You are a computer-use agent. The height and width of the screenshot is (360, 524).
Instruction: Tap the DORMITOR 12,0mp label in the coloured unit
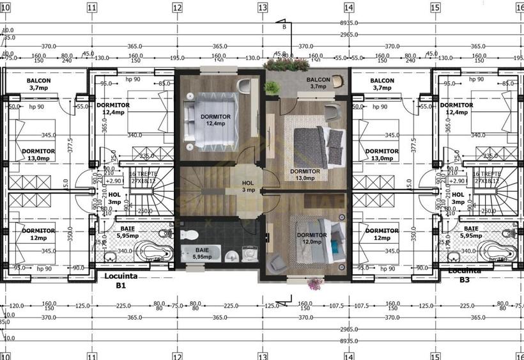coord(311,239)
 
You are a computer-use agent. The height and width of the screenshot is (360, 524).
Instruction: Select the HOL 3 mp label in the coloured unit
coord(248,187)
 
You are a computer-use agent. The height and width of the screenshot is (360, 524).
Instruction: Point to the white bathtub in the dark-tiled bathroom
coord(200,254)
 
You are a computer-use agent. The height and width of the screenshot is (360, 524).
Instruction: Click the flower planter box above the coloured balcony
coord(286,65)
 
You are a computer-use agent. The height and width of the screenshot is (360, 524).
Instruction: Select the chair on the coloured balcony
coord(337,81)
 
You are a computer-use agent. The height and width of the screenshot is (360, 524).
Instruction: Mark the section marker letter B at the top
coord(284,27)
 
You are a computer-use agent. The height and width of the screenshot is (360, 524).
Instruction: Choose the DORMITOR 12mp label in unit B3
coord(383,234)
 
